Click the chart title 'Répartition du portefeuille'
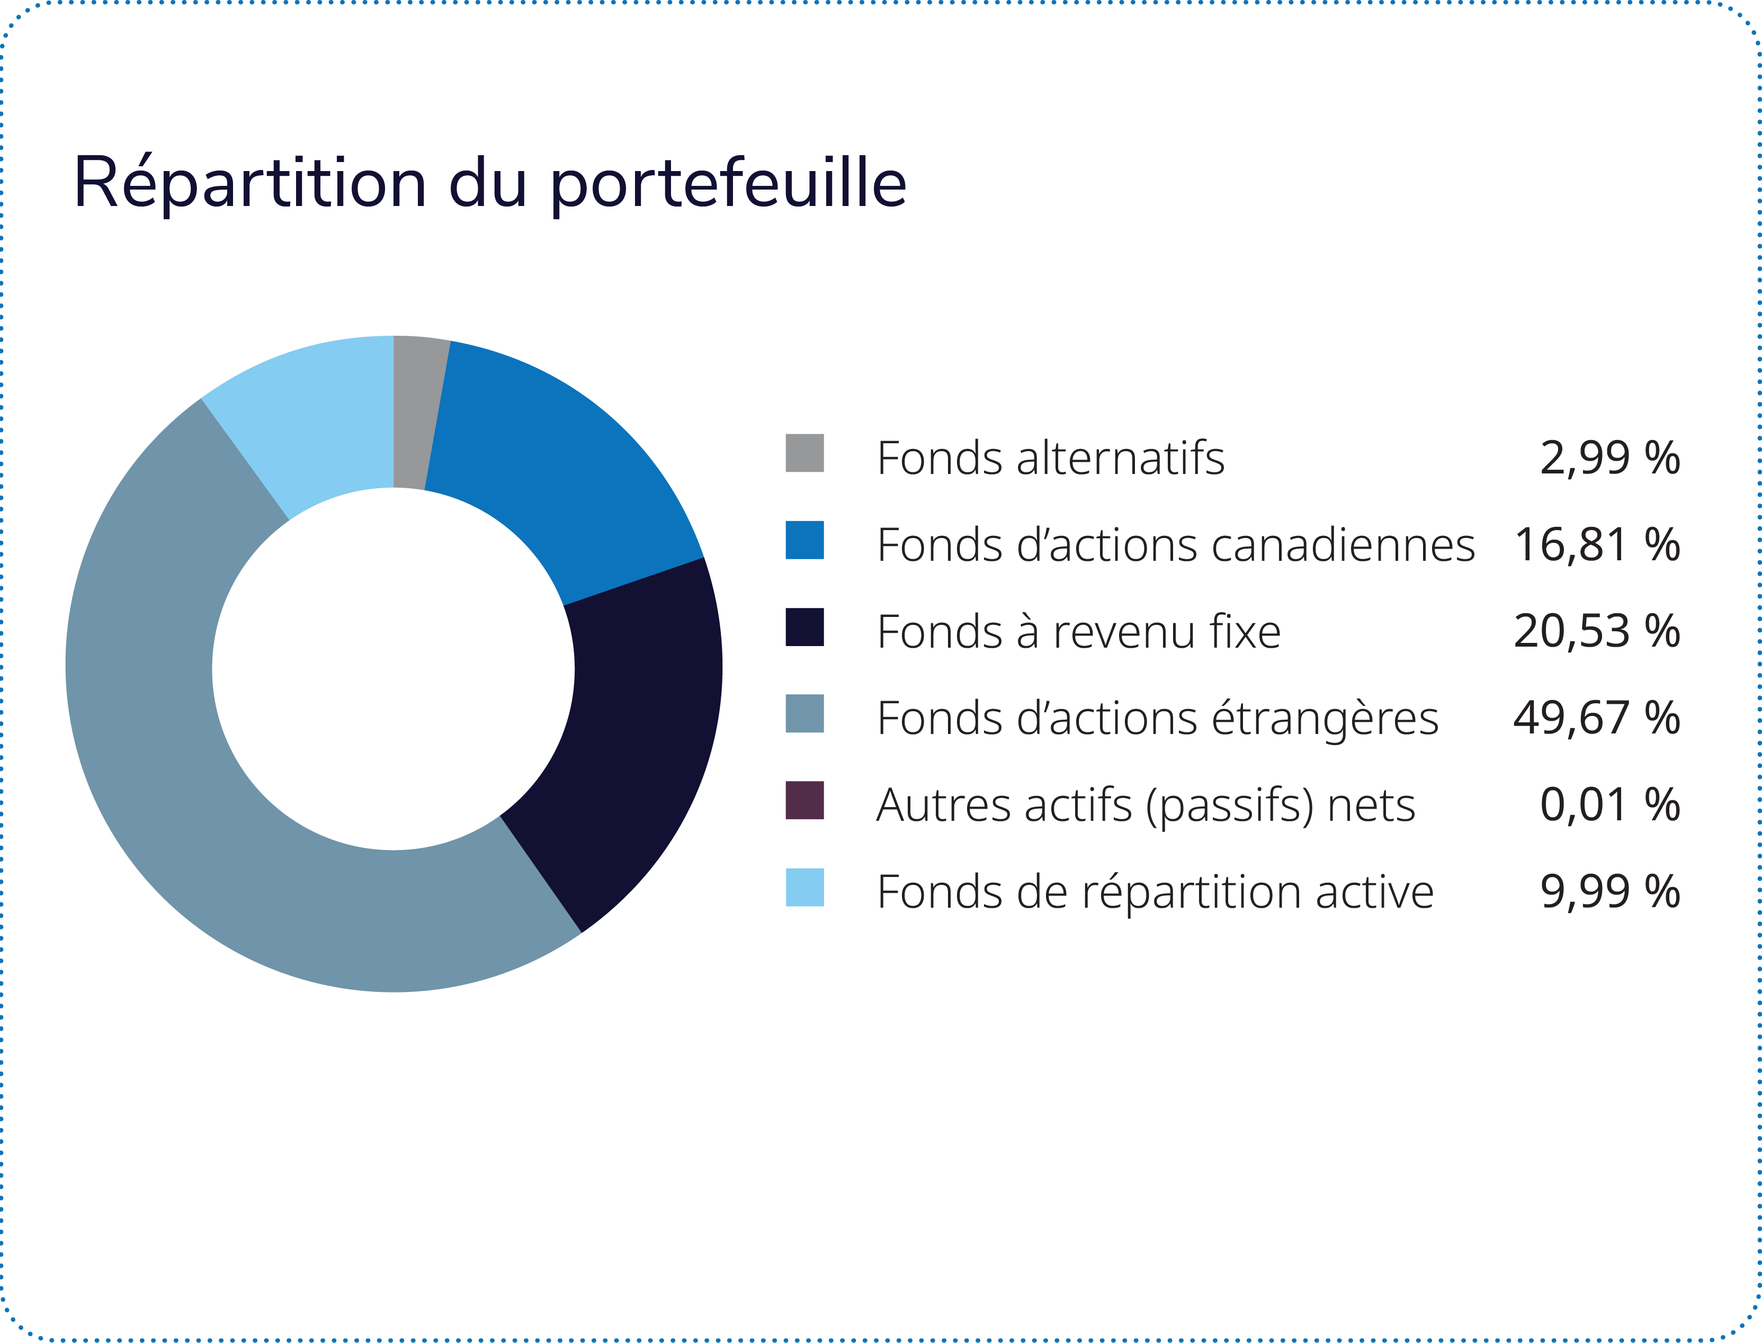point(489,184)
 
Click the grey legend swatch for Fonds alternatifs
point(804,453)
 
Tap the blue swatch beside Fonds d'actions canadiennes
point(804,540)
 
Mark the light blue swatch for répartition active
point(804,888)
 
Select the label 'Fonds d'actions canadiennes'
point(1175,545)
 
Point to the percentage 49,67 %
point(1597,718)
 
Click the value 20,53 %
point(1597,632)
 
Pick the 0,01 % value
point(1609,805)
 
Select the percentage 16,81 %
point(1597,545)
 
